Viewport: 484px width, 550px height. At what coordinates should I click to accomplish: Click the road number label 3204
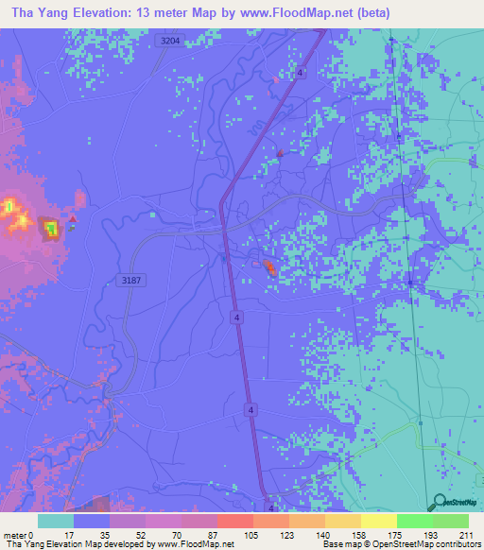click(171, 41)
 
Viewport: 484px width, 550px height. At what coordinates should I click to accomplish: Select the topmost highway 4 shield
click(300, 72)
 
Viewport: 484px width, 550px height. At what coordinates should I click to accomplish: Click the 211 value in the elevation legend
click(467, 536)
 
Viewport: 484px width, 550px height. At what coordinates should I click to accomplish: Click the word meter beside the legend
click(12, 536)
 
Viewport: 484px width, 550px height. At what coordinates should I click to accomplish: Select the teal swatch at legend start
click(55, 521)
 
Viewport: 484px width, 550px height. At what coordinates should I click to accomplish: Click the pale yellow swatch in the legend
click(378, 521)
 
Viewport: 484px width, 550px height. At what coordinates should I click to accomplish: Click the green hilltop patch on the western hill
click(49, 228)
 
